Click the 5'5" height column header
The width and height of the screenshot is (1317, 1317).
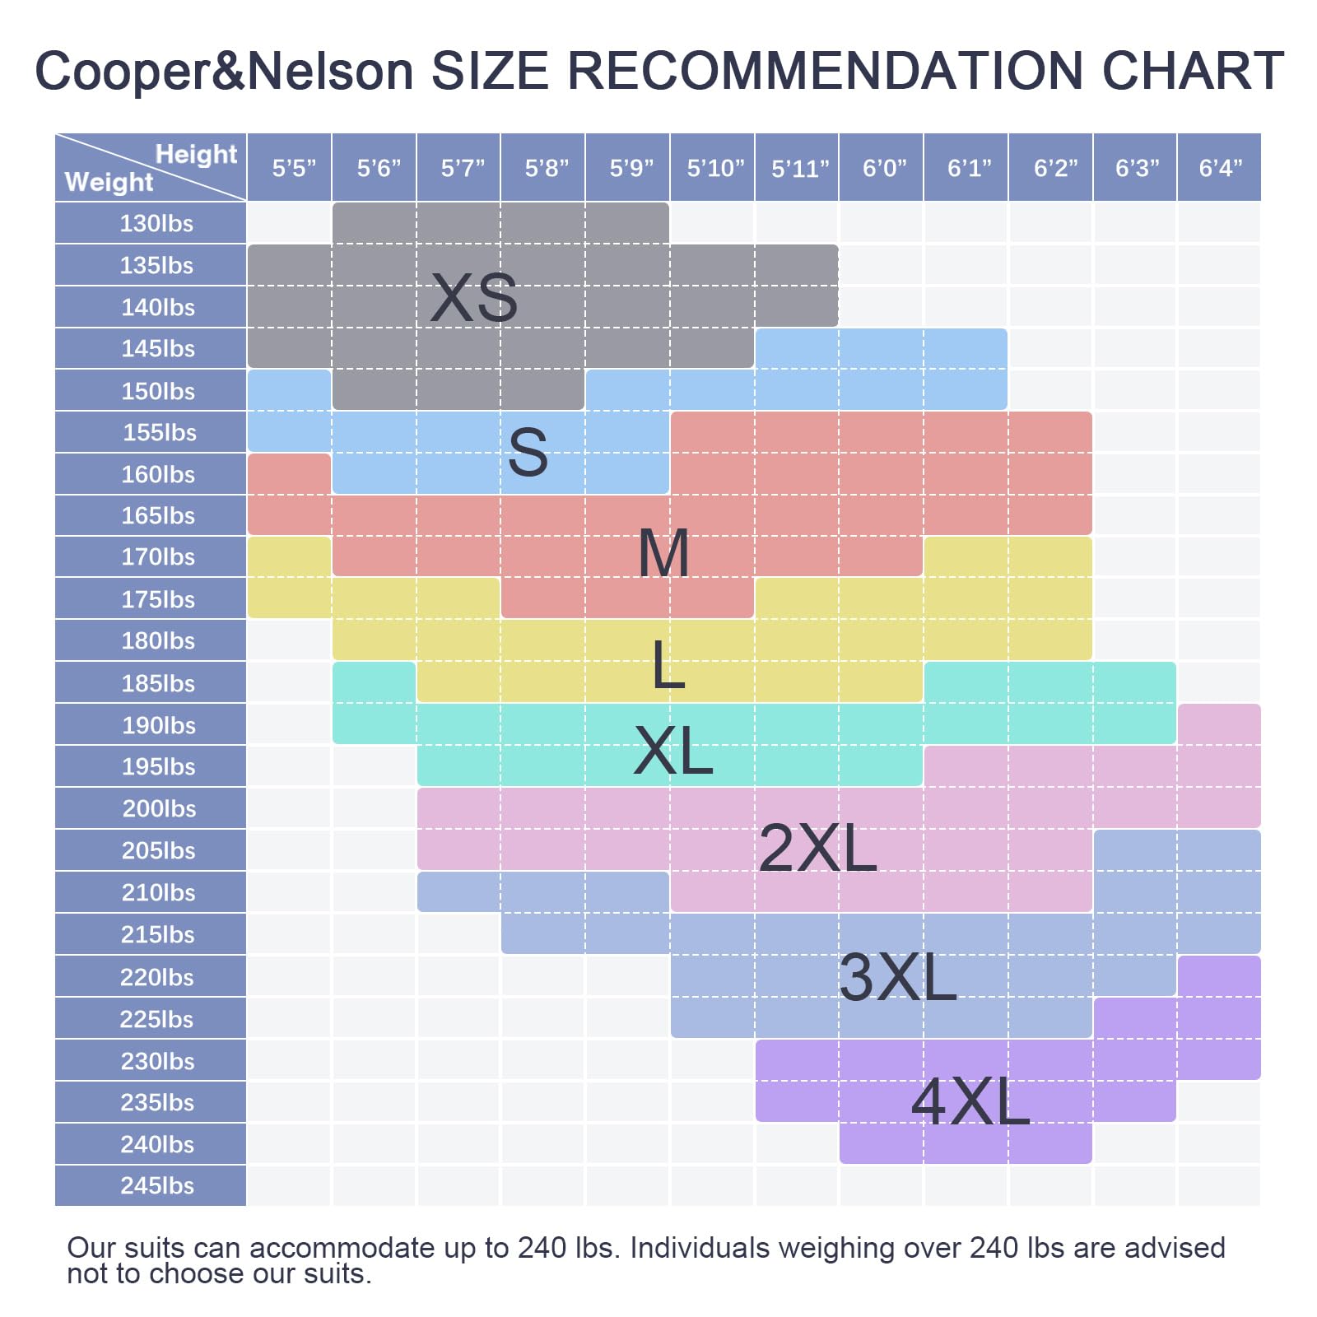(294, 168)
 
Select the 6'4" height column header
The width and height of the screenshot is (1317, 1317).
(1220, 168)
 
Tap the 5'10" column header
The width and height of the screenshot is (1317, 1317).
(714, 168)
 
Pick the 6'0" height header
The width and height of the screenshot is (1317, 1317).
(884, 168)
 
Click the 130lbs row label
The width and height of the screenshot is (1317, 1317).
(156, 223)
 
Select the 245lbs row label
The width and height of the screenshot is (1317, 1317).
(156, 1185)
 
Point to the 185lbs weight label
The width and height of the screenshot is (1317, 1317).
(157, 682)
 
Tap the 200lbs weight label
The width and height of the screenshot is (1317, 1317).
(158, 808)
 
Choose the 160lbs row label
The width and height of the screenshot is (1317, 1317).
(157, 474)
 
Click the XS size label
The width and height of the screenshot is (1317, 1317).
(474, 298)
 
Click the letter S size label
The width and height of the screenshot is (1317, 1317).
(528, 453)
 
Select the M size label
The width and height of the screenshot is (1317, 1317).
(663, 553)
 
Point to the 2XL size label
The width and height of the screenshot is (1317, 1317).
(817, 848)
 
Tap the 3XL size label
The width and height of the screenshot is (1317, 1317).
(897, 977)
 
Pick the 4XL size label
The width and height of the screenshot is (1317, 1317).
(970, 1102)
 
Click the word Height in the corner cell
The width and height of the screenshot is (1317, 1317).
(196, 154)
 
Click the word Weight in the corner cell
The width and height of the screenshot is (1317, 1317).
(109, 182)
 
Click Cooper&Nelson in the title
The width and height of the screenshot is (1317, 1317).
(224, 71)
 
